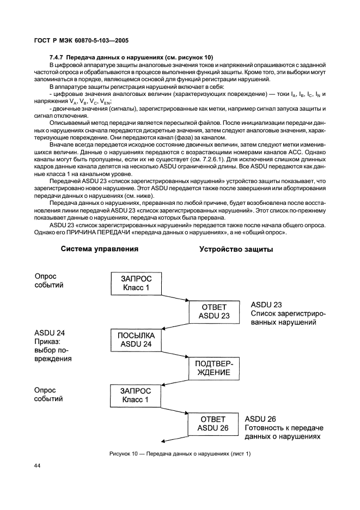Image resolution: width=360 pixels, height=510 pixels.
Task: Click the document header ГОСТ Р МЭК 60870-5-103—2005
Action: pos(81,41)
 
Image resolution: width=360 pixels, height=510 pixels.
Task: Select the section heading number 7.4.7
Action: pos(57,58)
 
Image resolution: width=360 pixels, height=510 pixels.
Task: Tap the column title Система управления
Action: pos(100,249)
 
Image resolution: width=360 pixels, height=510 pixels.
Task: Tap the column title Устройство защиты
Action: pos(236,250)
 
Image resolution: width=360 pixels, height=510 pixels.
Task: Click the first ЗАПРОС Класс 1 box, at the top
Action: pos(136,284)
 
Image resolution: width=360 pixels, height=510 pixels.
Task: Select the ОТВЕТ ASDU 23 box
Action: pos(214,312)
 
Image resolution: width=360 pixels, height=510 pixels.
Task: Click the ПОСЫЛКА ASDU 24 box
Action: pos(136,340)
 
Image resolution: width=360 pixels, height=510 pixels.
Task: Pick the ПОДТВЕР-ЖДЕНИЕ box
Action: pos(213,368)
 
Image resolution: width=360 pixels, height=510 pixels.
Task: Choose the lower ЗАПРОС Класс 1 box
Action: pos(135,396)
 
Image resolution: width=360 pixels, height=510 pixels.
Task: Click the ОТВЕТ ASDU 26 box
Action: pos(213,424)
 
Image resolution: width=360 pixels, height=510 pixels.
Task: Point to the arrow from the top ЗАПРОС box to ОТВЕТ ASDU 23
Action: pos(175,298)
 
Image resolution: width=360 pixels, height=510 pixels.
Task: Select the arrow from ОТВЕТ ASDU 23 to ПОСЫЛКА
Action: pos(175,326)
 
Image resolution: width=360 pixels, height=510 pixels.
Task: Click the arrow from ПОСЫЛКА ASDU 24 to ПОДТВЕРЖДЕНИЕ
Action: pos(175,355)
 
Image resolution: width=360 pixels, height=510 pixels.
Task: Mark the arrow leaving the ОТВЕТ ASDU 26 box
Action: pos(175,439)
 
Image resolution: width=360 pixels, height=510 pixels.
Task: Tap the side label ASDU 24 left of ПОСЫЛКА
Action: pos(50,333)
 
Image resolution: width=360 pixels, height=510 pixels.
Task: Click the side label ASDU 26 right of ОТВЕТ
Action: pos(260,419)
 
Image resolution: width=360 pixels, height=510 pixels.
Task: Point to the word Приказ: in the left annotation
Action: pos(47,342)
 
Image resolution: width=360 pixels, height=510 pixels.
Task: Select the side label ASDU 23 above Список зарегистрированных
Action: pos(266,305)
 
